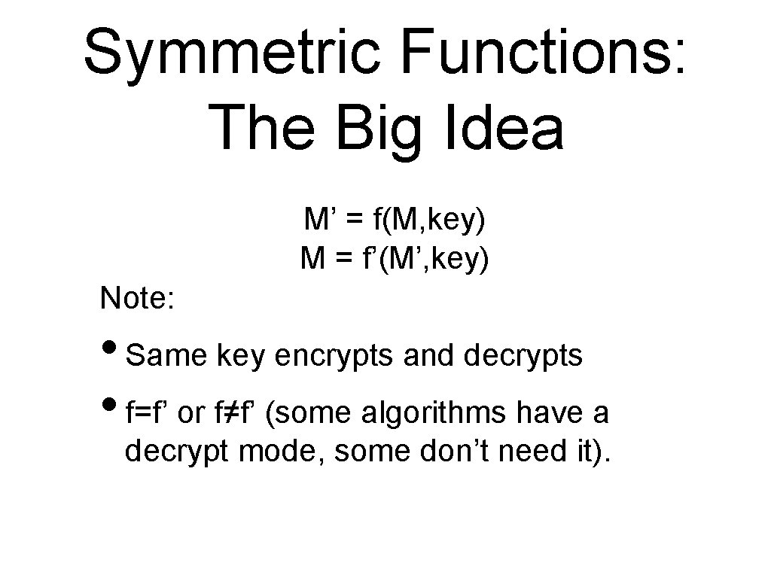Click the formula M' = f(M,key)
click(x=395, y=221)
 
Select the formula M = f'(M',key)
click(x=395, y=259)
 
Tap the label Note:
click(x=138, y=299)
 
